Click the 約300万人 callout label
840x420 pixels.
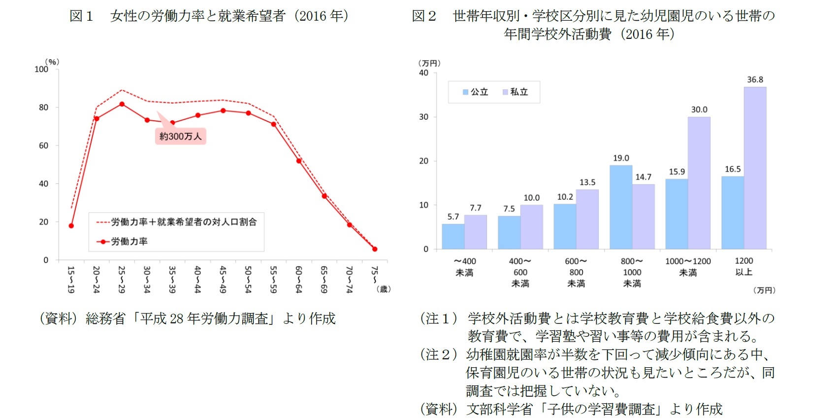[x=180, y=137]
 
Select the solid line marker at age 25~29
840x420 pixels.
[x=122, y=104]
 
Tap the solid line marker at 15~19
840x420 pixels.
[x=71, y=226]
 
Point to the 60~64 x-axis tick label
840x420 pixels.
[x=298, y=280]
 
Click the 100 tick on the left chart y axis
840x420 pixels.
[x=41, y=70]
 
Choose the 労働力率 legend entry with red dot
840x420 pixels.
[x=123, y=242]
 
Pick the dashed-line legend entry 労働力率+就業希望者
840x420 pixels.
[x=177, y=222]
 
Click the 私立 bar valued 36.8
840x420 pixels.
[x=755, y=168]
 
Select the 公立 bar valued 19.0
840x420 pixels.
[x=620, y=207]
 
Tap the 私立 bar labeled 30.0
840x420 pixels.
[x=699, y=182]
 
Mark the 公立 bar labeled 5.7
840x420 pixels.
[x=453, y=237]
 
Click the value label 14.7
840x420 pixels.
[x=643, y=177]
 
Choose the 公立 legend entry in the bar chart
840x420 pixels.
[x=476, y=92]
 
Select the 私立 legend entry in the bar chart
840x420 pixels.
[x=516, y=92]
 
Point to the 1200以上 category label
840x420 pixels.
[x=743, y=267]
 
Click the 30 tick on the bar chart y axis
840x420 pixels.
[x=423, y=117]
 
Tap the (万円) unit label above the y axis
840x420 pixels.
[x=429, y=63]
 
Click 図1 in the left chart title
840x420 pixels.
[x=81, y=16]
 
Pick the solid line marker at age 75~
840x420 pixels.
[x=375, y=249]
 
